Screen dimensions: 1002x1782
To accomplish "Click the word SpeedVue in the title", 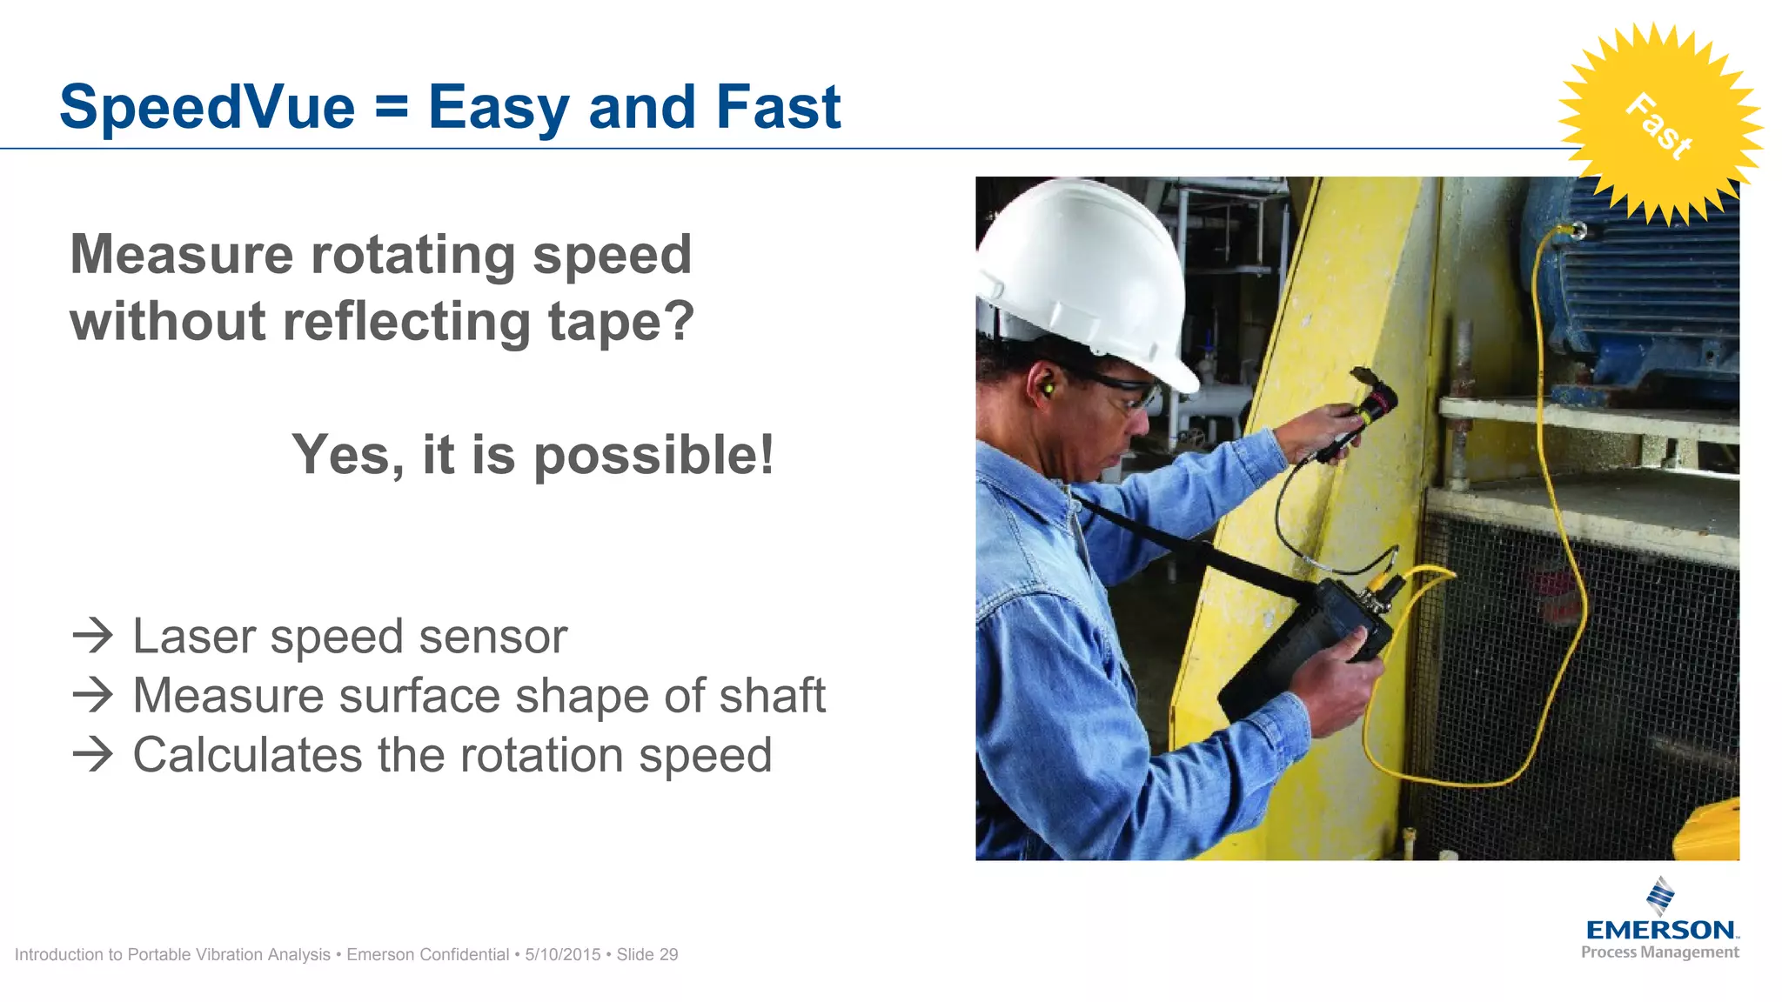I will point(207,108).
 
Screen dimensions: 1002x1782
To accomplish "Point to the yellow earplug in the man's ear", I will point(1048,388).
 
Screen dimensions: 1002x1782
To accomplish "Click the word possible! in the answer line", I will point(653,455).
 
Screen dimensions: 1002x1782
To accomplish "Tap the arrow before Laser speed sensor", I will point(93,636).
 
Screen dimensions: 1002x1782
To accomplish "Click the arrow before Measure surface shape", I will point(93,695).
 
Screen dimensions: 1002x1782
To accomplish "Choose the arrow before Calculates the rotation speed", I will point(93,754).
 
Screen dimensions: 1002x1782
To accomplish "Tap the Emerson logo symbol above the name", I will point(1660,896).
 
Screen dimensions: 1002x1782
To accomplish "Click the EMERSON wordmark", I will point(1660,930).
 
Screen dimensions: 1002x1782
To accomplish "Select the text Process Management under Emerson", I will point(1660,952).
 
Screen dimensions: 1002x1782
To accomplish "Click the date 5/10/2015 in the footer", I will point(562,954).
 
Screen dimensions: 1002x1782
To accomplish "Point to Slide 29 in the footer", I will point(647,954).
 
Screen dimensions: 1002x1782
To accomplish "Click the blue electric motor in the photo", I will point(1636,296).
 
